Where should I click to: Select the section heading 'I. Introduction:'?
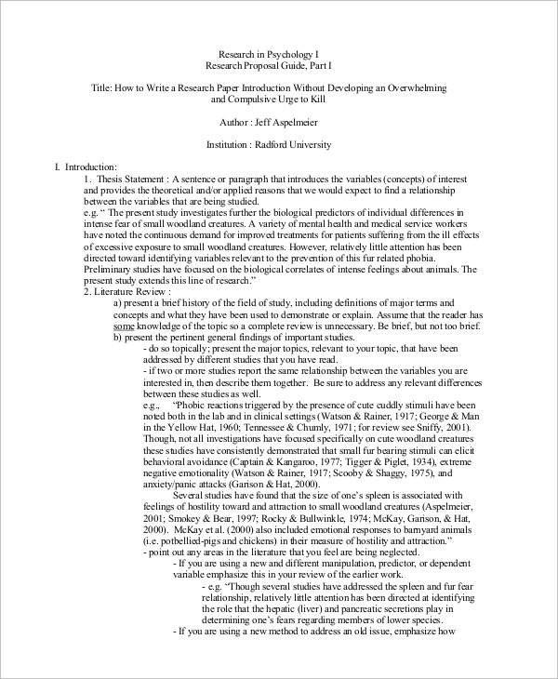coord(86,166)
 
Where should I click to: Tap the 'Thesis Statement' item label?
coord(130,178)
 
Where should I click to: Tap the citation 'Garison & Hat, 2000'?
coord(278,484)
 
